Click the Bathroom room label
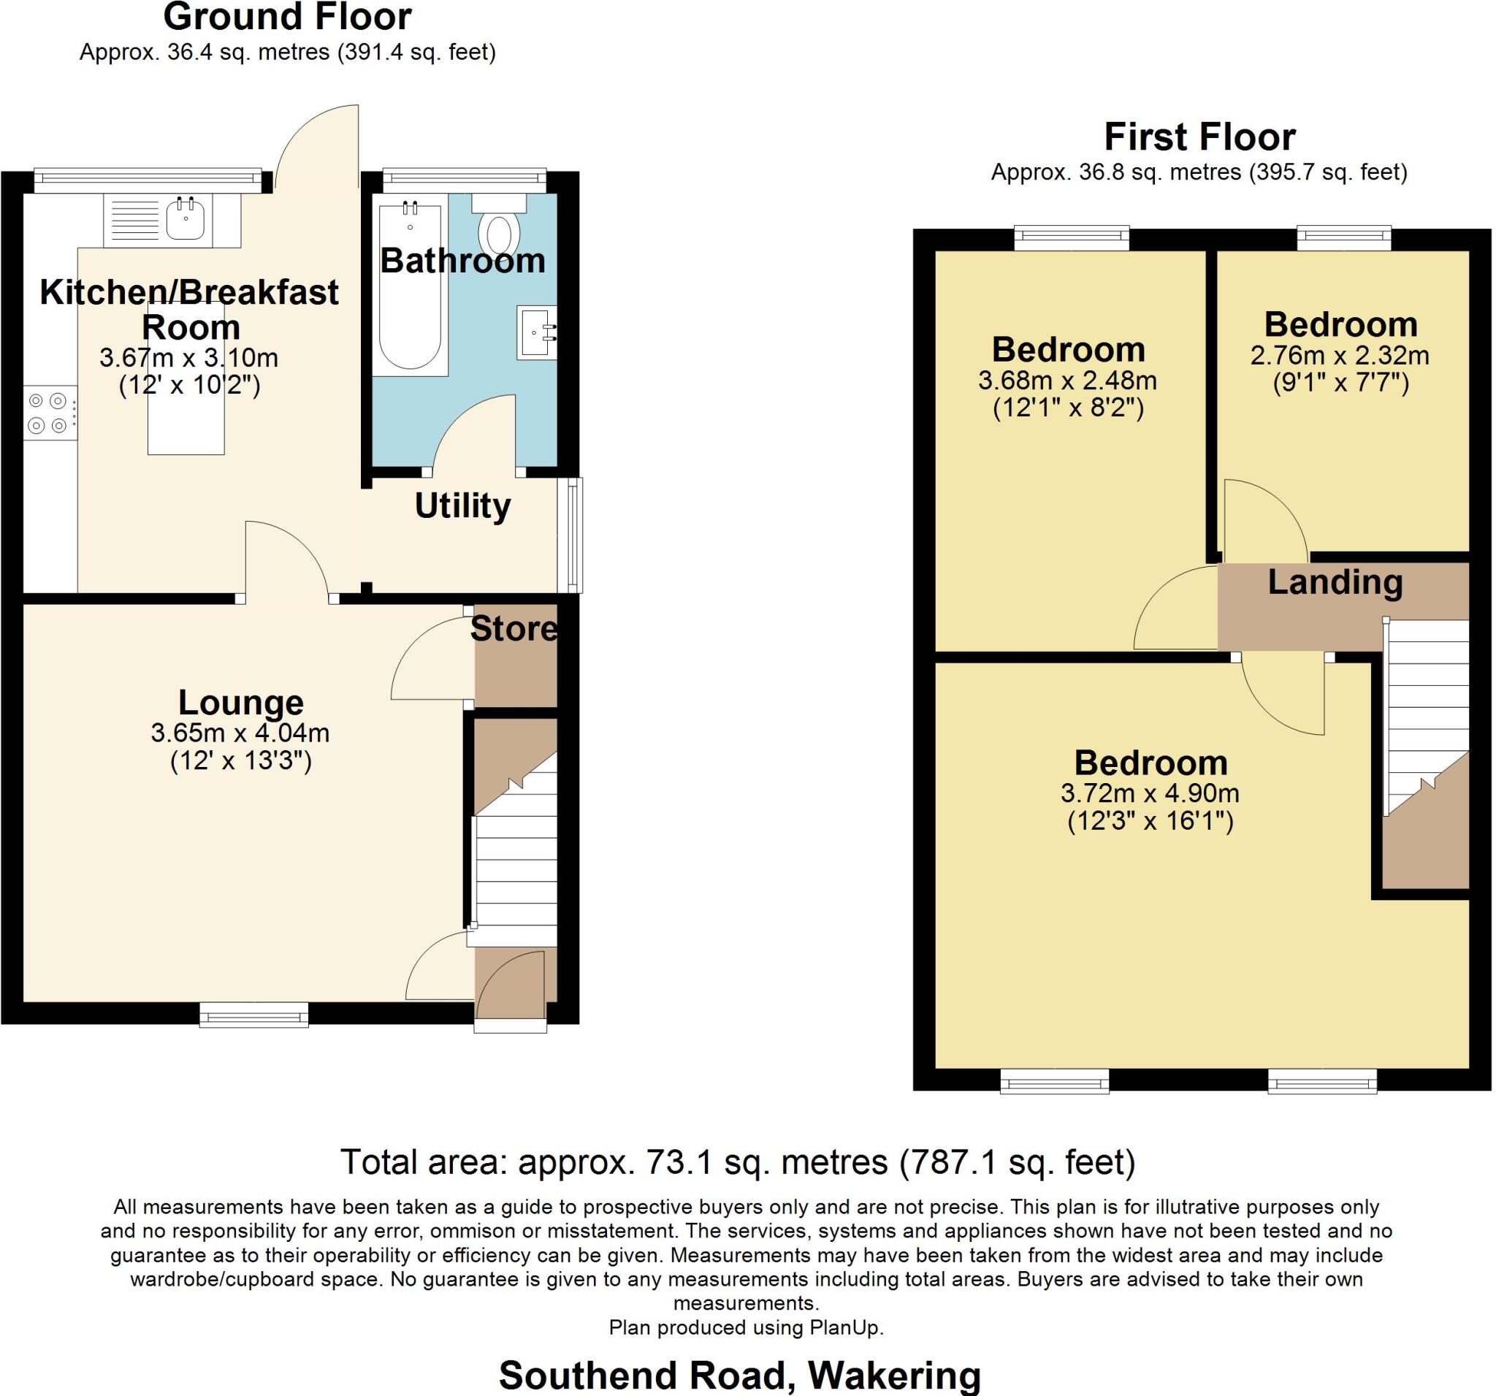[x=462, y=260]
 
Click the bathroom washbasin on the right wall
[x=535, y=332]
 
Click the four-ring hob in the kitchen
[x=48, y=413]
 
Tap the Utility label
[x=462, y=506]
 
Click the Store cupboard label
[x=514, y=629]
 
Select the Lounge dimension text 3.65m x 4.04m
[x=240, y=732]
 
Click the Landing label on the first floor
[x=1335, y=582]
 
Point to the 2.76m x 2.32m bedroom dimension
[x=1340, y=355]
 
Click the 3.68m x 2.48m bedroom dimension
[x=1067, y=381]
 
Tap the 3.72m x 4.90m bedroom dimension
[x=1150, y=793]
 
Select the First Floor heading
[x=1199, y=137]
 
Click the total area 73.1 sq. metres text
[x=738, y=1162]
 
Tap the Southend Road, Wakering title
[x=740, y=1376]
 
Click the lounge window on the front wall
[x=253, y=1015]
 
